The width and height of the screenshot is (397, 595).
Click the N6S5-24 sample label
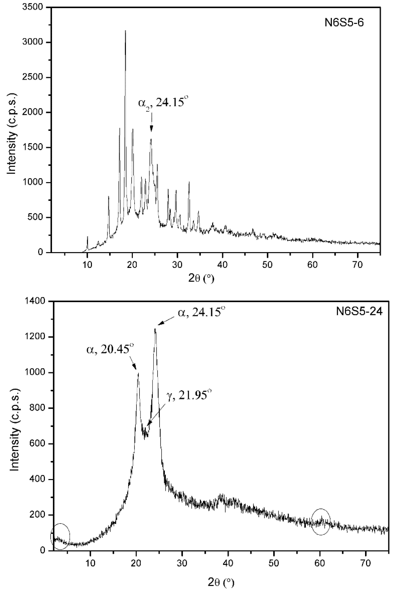359,312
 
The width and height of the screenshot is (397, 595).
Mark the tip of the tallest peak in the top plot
125,31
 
